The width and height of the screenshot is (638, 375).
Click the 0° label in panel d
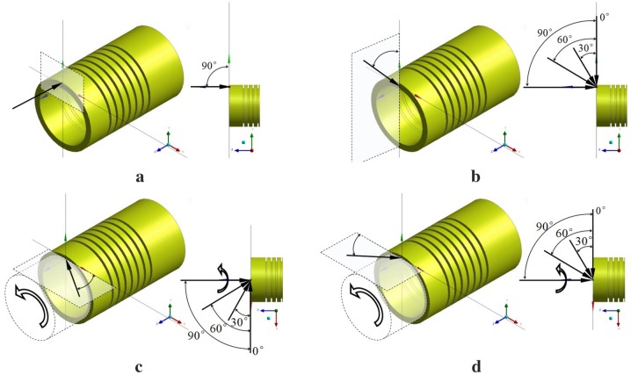click(599, 211)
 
